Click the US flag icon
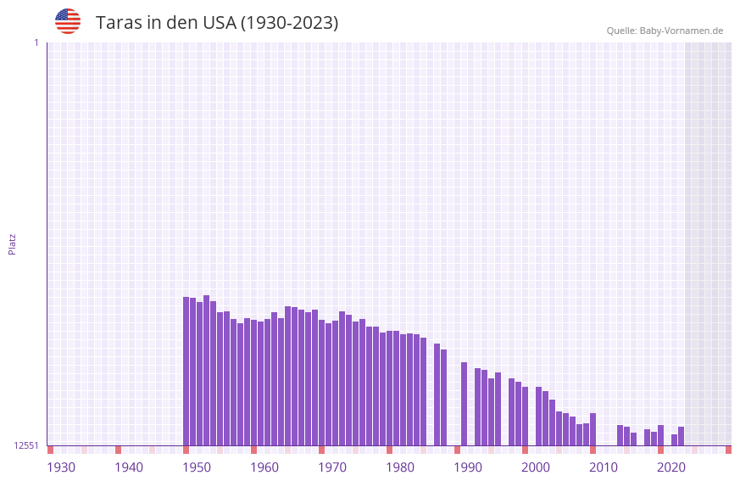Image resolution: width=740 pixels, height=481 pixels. point(68,21)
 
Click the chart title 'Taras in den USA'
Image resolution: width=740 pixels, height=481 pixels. point(216,23)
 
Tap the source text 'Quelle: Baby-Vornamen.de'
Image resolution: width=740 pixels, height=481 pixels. point(665,31)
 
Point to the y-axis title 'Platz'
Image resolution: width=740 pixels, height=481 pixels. point(12,243)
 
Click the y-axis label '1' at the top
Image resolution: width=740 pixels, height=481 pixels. point(36,42)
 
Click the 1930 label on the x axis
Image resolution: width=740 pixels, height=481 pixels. point(61,467)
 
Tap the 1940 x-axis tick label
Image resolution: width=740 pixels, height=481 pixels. point(129,467)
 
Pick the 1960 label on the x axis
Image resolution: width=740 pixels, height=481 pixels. point(264,467)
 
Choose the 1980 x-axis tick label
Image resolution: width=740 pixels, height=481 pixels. point(400,467)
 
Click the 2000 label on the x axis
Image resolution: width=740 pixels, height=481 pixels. point(536,467)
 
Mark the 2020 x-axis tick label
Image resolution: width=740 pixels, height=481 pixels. point(671,467)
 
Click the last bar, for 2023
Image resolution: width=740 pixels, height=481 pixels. point(681,436)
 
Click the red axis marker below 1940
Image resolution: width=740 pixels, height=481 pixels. point(118,450)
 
